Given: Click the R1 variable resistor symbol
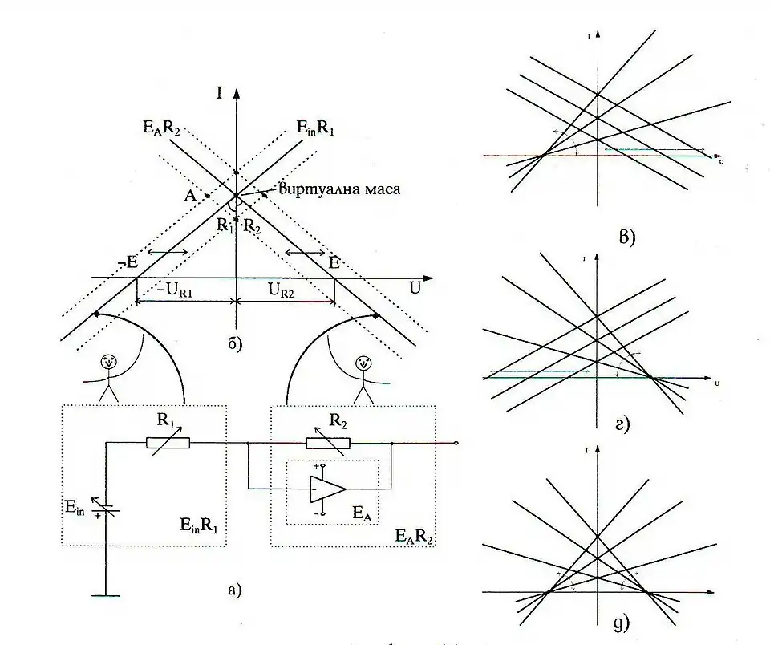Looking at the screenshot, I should (168, 442).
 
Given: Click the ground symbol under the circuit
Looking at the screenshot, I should (106, 595).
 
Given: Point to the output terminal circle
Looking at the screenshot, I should (456, 442).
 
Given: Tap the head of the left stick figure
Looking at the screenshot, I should (110, 363).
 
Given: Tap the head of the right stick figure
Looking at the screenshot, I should (363, 363).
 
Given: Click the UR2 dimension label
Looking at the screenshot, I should (285, 290).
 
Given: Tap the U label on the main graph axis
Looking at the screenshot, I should (415, 286).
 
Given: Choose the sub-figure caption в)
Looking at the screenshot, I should (626, 237).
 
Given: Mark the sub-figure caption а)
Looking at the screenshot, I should (234, 591).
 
